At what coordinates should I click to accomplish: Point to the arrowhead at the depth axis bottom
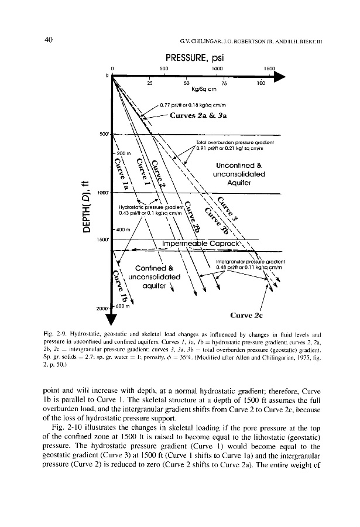pyautogui.click(x=112, y=321)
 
